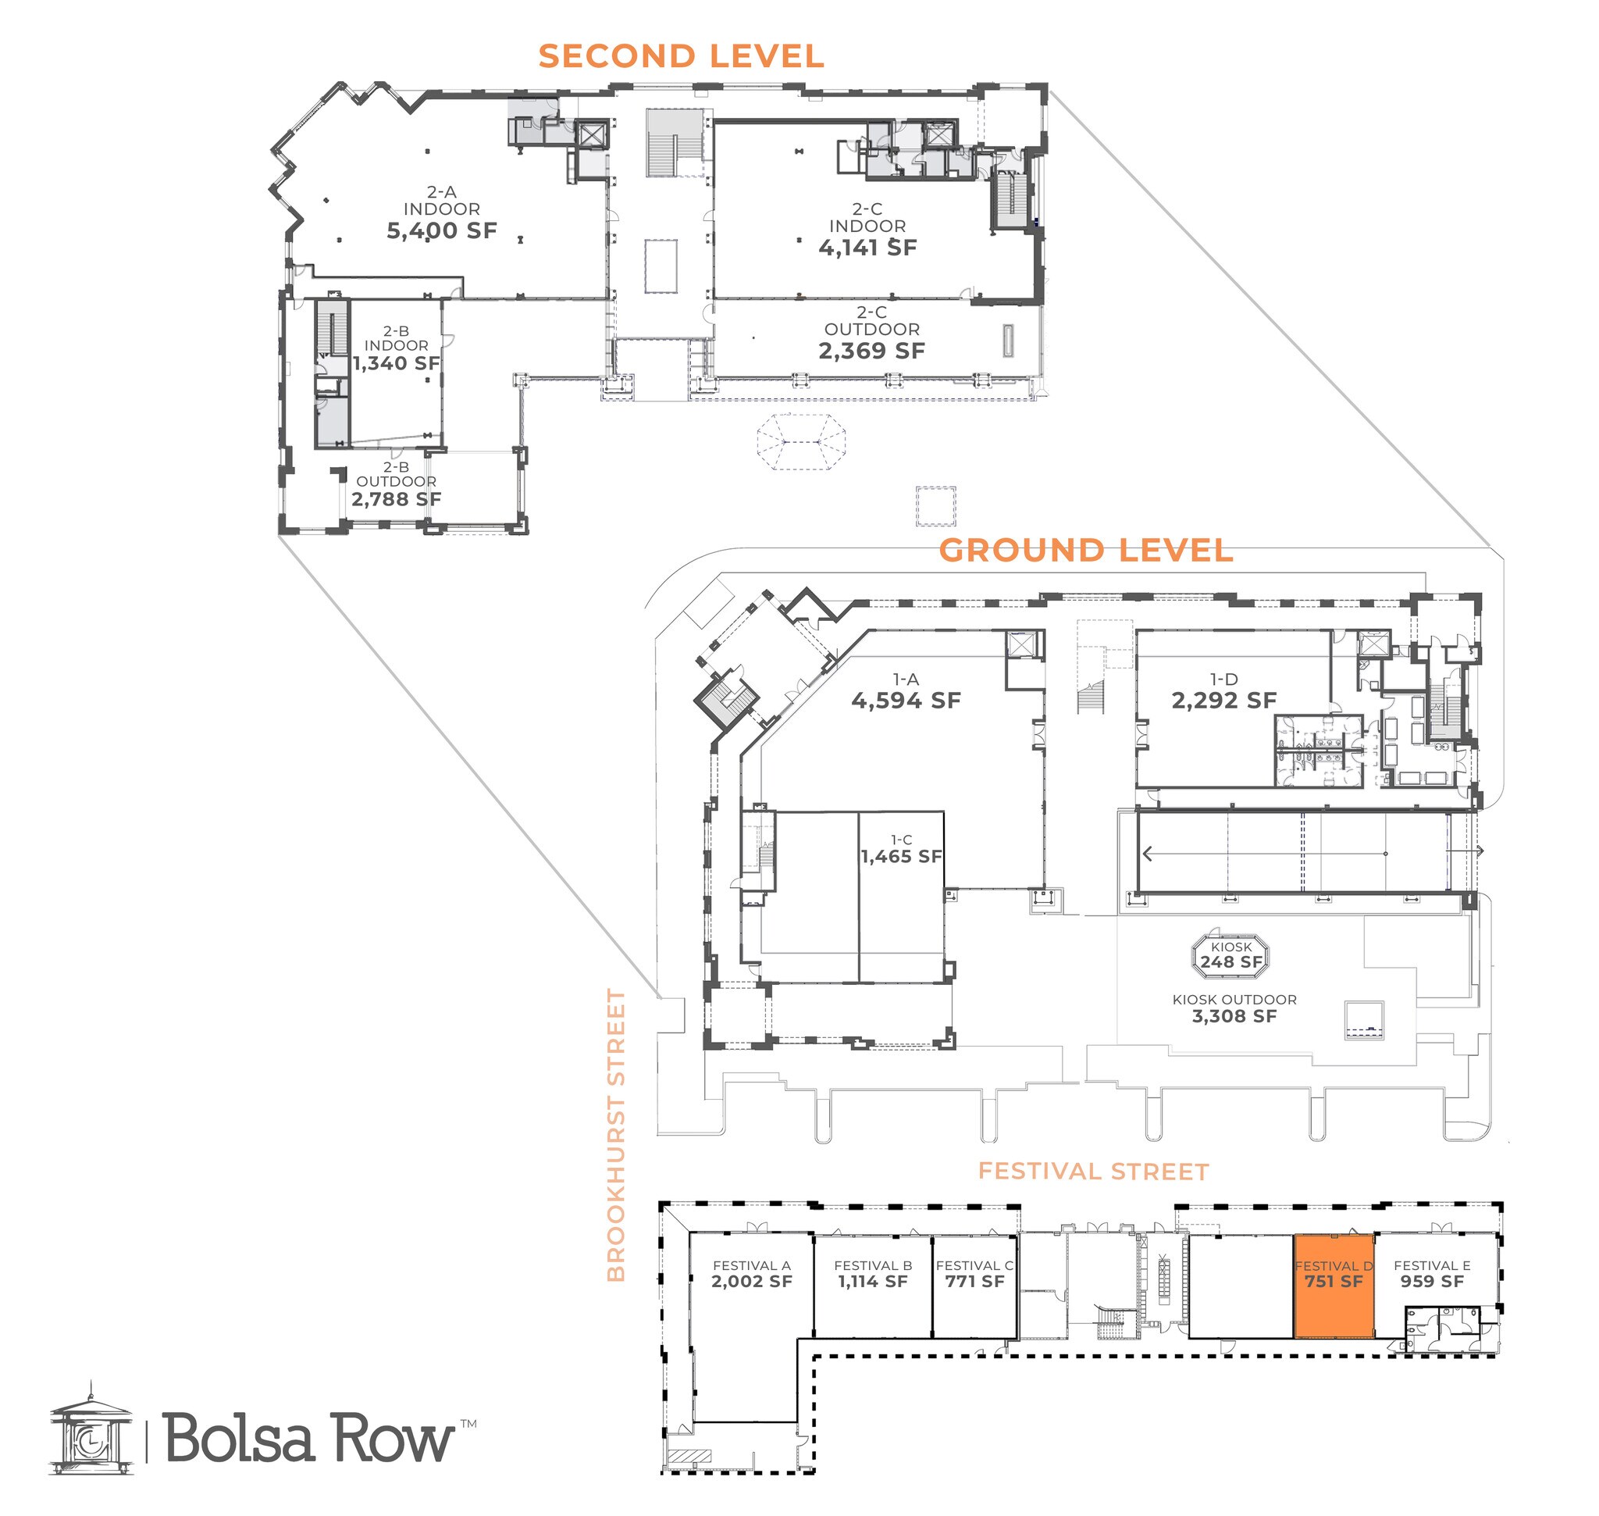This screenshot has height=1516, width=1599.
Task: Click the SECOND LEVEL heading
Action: click(680, 56)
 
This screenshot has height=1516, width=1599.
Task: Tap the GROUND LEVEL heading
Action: click(1085, 551)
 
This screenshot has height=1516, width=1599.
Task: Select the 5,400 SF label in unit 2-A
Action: click(441, 230)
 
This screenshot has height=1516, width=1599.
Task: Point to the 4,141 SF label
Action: click(867, 248)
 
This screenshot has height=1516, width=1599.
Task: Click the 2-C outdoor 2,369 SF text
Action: click(871, 350)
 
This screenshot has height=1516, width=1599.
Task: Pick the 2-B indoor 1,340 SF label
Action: click(396, 363)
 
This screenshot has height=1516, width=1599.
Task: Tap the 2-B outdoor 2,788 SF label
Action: click(396, 498)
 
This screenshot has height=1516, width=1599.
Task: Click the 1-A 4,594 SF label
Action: click(906, 700)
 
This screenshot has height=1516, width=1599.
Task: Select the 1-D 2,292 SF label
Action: click(1223, 700)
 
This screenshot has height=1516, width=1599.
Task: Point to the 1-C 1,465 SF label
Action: click(901, 856)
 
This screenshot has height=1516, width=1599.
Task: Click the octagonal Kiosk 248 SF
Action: click(1230, 957)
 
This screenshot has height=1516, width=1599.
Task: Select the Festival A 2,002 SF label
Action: click(751, 1281)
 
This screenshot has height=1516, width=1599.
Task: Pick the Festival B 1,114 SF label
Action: click(873, 1281)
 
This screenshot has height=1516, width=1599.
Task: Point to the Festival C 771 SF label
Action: click(974, 1281)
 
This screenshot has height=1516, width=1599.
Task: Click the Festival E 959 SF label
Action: click(1432, 1281)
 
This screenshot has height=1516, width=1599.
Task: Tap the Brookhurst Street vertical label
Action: click(617, 1136)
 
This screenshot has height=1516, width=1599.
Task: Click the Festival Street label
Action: click(1093, 1172)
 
